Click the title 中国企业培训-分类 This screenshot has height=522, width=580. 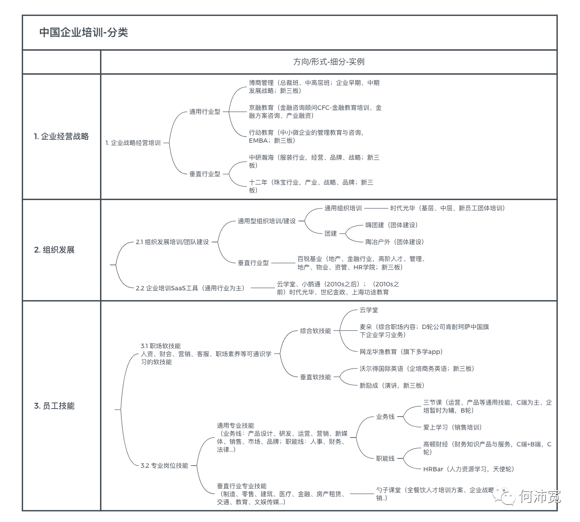(x=84, y=32)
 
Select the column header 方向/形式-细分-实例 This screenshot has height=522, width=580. (x=329, y=62)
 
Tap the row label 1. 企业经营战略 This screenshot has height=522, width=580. (x=61, y=137)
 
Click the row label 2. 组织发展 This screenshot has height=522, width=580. (x=54, y=250)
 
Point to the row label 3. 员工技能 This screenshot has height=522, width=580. (x=54, y=406)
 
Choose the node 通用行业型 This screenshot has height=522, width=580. (x=205, y=112)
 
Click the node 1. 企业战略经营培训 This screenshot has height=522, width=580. (x=133, y=143)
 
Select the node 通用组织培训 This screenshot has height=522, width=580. (x=343, y=208)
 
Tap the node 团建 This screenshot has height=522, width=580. (x=330, y=233)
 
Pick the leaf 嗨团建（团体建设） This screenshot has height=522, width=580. (x=391, y=225)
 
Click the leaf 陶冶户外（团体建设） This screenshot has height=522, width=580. (x=395, y=242)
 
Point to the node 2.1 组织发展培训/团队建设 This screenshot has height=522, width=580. (x=172, y=242)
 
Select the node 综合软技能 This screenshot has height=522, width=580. (x=315, y=331)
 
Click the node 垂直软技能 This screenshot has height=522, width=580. (x=315, y=377)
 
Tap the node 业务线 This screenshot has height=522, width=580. (x=385, y=417)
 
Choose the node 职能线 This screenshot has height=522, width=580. (x=385, y=458)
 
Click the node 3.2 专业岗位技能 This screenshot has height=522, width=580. (x=164, y=466)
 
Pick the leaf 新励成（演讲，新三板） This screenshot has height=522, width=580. (x=392, y=385)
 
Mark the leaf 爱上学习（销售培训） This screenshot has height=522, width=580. (x=452, y=427)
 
